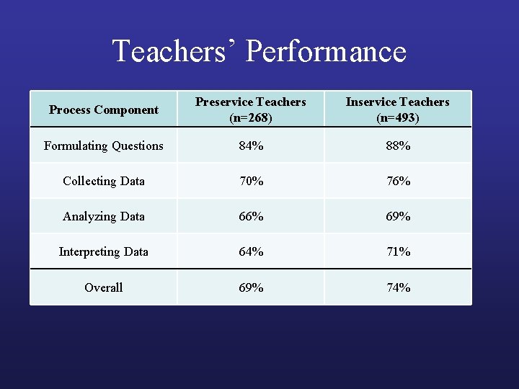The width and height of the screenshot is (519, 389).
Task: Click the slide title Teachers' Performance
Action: coord(259,52)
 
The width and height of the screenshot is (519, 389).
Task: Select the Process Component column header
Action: coord(103,109)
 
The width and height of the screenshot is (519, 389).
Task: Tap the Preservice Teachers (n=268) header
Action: coord(250,109)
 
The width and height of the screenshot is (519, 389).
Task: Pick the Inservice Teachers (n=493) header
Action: coord(397,109)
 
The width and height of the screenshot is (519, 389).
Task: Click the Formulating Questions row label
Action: coord(103,146)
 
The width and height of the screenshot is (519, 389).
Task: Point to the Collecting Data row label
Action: coord(103,181)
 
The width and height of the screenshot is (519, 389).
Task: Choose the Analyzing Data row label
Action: coord(103,216)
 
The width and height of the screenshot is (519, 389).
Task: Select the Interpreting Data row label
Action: coord(103,251)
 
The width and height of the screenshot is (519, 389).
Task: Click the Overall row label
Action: coord(103,287)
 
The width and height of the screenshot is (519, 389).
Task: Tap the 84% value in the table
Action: coord(250,146)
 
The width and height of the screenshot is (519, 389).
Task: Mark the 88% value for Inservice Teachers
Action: coord(397,146)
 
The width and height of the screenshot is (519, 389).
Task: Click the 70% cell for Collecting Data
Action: coord(250,181)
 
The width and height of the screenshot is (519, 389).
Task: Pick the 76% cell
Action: coord(397,181)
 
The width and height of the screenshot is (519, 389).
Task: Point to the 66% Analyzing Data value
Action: coord(250,216)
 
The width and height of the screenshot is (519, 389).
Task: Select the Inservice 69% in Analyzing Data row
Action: coord(397,216)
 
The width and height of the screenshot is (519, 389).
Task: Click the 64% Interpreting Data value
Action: coord(250,251)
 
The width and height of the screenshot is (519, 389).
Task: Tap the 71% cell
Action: coord(397,251)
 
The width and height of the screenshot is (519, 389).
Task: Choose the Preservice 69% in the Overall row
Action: coord(250,287)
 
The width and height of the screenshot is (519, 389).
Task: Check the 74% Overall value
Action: coord(397,287)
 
